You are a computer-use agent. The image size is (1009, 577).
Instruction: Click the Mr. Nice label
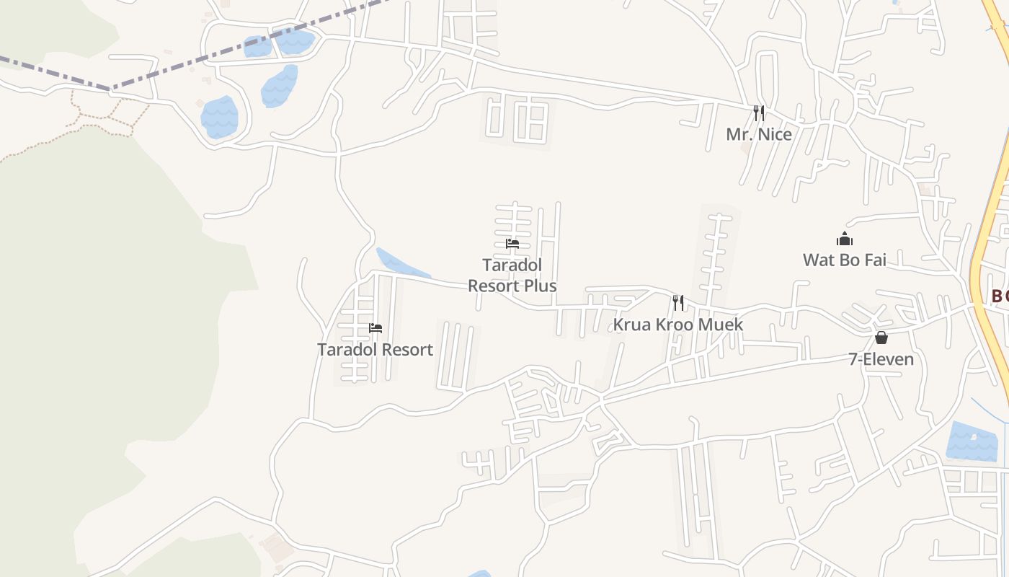[x=758, y=134]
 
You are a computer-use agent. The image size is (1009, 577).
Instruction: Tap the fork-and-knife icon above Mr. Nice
[x=758, y=113]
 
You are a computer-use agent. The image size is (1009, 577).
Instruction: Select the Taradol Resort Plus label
[x=512, y=276]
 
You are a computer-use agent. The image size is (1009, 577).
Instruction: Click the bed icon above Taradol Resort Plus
[x=512, y=244]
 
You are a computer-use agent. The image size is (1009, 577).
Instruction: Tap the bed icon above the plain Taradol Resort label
[x=375, y=328]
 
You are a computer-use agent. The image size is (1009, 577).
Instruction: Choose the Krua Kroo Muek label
[x=677, y=325]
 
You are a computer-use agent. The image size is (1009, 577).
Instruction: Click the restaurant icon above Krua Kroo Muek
[x=677, y=302]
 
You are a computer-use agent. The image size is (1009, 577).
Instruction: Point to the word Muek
[x=722, y=325]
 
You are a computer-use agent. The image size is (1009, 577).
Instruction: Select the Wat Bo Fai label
[x=845, y=260]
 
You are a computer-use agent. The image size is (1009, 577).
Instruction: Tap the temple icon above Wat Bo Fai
[x=845, y=239]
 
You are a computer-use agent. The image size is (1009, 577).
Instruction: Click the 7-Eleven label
[x=881, y=359]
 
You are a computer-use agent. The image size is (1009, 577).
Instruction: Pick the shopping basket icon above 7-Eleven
[x=881, y=338]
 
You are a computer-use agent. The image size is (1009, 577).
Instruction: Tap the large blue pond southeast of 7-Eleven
[x=972, y=441]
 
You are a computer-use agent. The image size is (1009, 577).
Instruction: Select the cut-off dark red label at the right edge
[x=1000, y=296]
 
